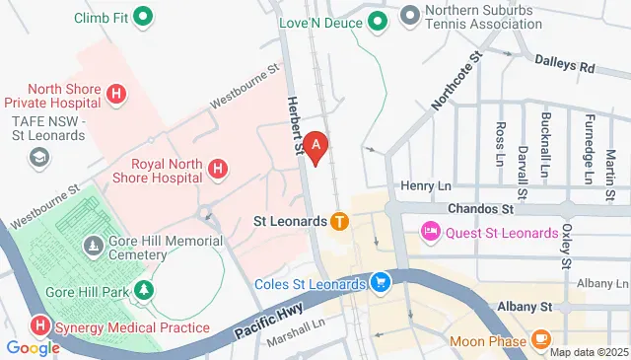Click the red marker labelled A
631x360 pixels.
315,147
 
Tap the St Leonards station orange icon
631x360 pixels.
339,221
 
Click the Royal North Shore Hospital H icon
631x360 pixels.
219,171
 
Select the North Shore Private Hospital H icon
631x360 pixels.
117,94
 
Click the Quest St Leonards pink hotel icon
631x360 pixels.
430,232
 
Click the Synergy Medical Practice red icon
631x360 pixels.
40,324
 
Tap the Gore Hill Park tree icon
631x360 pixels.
145,290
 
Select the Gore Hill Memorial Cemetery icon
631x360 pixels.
92,243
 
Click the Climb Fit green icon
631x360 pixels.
143,16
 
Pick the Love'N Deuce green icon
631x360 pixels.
377,19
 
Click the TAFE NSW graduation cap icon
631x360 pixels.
40,157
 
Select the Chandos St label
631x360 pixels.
480,209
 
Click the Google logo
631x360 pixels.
33,346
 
